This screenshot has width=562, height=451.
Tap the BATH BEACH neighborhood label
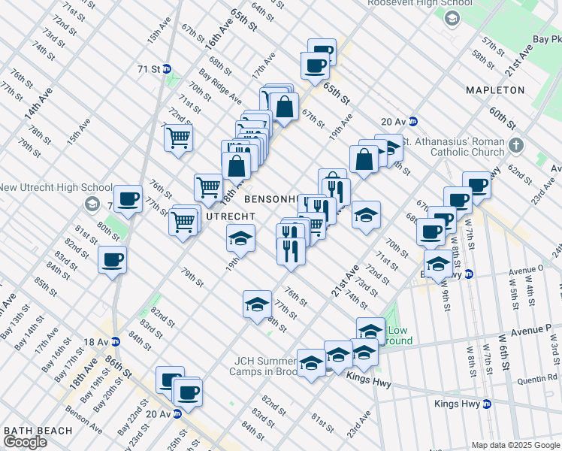(x=38, y=431)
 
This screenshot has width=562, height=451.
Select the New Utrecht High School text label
(x=56, y=187)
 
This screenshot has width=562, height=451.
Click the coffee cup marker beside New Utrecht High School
(x=128, y=199)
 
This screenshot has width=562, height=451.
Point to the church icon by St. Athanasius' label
(x=515, y=144)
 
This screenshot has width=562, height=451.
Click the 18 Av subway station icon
(x=115, y=342)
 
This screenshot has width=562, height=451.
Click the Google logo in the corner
(x=25, y=442)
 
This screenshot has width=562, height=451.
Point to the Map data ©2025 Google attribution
(x=515, y=445)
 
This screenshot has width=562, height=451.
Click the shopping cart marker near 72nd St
(x=179, y=138)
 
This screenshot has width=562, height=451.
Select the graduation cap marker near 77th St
(x=257, y=304)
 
